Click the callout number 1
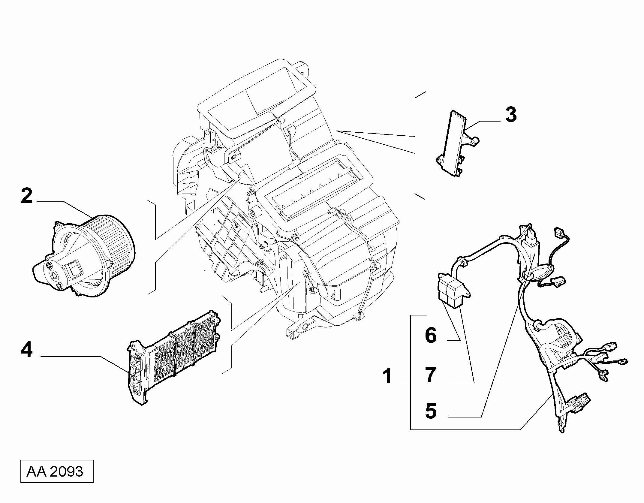pyautogui.click(x=388, y=376)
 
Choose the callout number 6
pyautogui.click(x=431, y=335)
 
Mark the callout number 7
pyautogui.click(x=431, y=375)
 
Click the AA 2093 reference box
pyautogui.click(x=57, y=471)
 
